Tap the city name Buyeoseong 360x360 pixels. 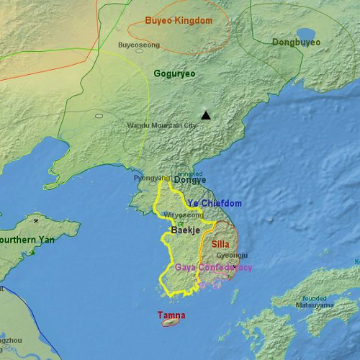(139, 45)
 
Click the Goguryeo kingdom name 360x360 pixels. (174, 73)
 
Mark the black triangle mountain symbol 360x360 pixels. (207, 115)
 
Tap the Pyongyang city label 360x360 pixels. (151, 178)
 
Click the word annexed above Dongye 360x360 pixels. (190, 174)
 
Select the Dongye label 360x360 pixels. (190, 180)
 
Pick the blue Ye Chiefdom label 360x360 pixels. (215, 204)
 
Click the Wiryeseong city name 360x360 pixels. (184, 215)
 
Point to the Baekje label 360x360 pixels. (184, 230)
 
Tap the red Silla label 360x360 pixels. (220, 244)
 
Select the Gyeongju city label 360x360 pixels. (232, 255)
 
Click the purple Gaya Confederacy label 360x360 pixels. (214, 267)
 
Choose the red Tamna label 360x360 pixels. (171, 315)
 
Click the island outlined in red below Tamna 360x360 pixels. (169, 323)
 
